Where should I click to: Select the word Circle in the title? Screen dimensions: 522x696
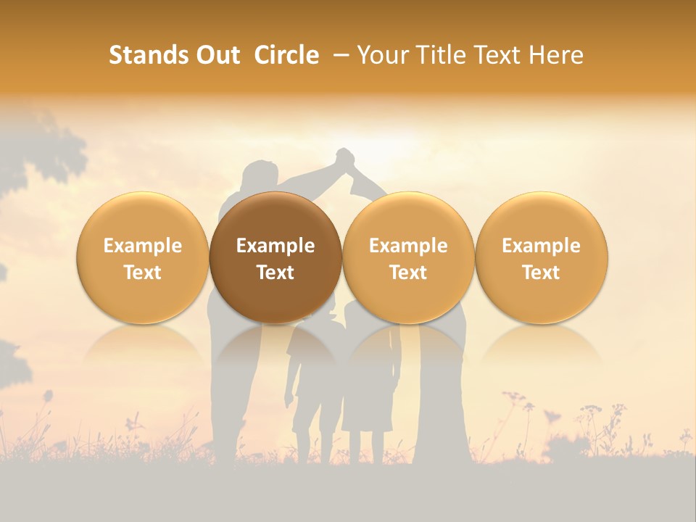pos(286,55)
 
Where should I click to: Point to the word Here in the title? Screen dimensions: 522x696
pos(556,55)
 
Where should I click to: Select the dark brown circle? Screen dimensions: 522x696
pos(275,257)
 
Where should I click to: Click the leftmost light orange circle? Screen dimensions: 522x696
pos(143,257)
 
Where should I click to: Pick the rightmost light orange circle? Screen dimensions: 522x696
pos(541,257)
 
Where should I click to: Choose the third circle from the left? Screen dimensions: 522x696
pos(408,257)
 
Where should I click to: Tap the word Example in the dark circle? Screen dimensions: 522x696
pos(275,246)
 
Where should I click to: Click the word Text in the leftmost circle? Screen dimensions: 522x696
pos(143,273)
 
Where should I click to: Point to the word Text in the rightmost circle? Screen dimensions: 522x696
pos(541,273)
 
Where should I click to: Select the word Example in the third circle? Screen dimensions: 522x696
pos(408,246)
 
